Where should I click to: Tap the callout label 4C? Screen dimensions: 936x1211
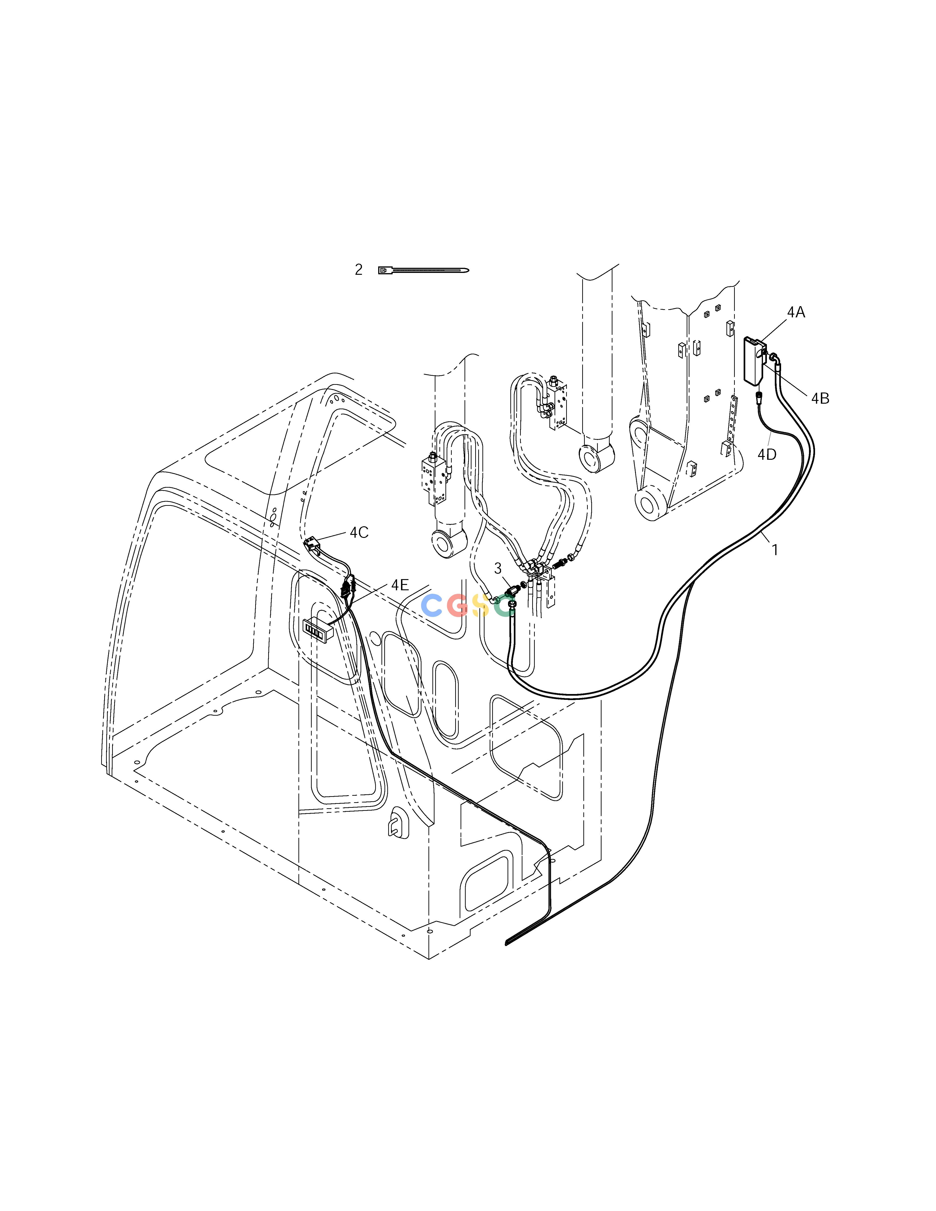pyautogui.click(x=359, y=532)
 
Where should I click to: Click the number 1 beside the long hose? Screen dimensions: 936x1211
pyautogui.click(x=775, y=550)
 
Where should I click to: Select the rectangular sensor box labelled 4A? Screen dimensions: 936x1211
pyautogui.click(x=754, y=360)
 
